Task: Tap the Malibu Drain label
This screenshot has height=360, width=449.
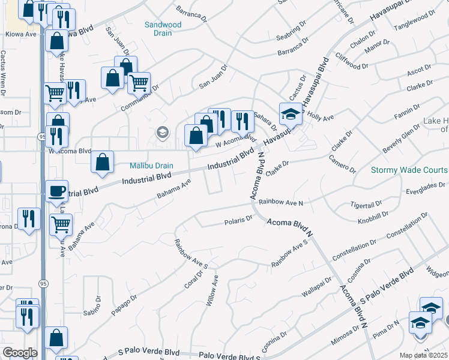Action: click(152, 166)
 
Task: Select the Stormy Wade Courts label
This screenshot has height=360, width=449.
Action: click(409, 170)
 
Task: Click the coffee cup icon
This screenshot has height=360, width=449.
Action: click(57, 191)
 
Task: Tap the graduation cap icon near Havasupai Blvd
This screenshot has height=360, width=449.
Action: click(290, 113)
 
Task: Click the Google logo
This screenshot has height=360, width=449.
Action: click(19, 353)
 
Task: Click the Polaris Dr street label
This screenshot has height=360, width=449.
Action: click(239, 220)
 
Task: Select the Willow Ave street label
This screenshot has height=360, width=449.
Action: click(212, 291)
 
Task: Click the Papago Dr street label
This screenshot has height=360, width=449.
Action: click(124, 305)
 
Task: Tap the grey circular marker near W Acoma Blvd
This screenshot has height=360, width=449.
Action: click(161, 131)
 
